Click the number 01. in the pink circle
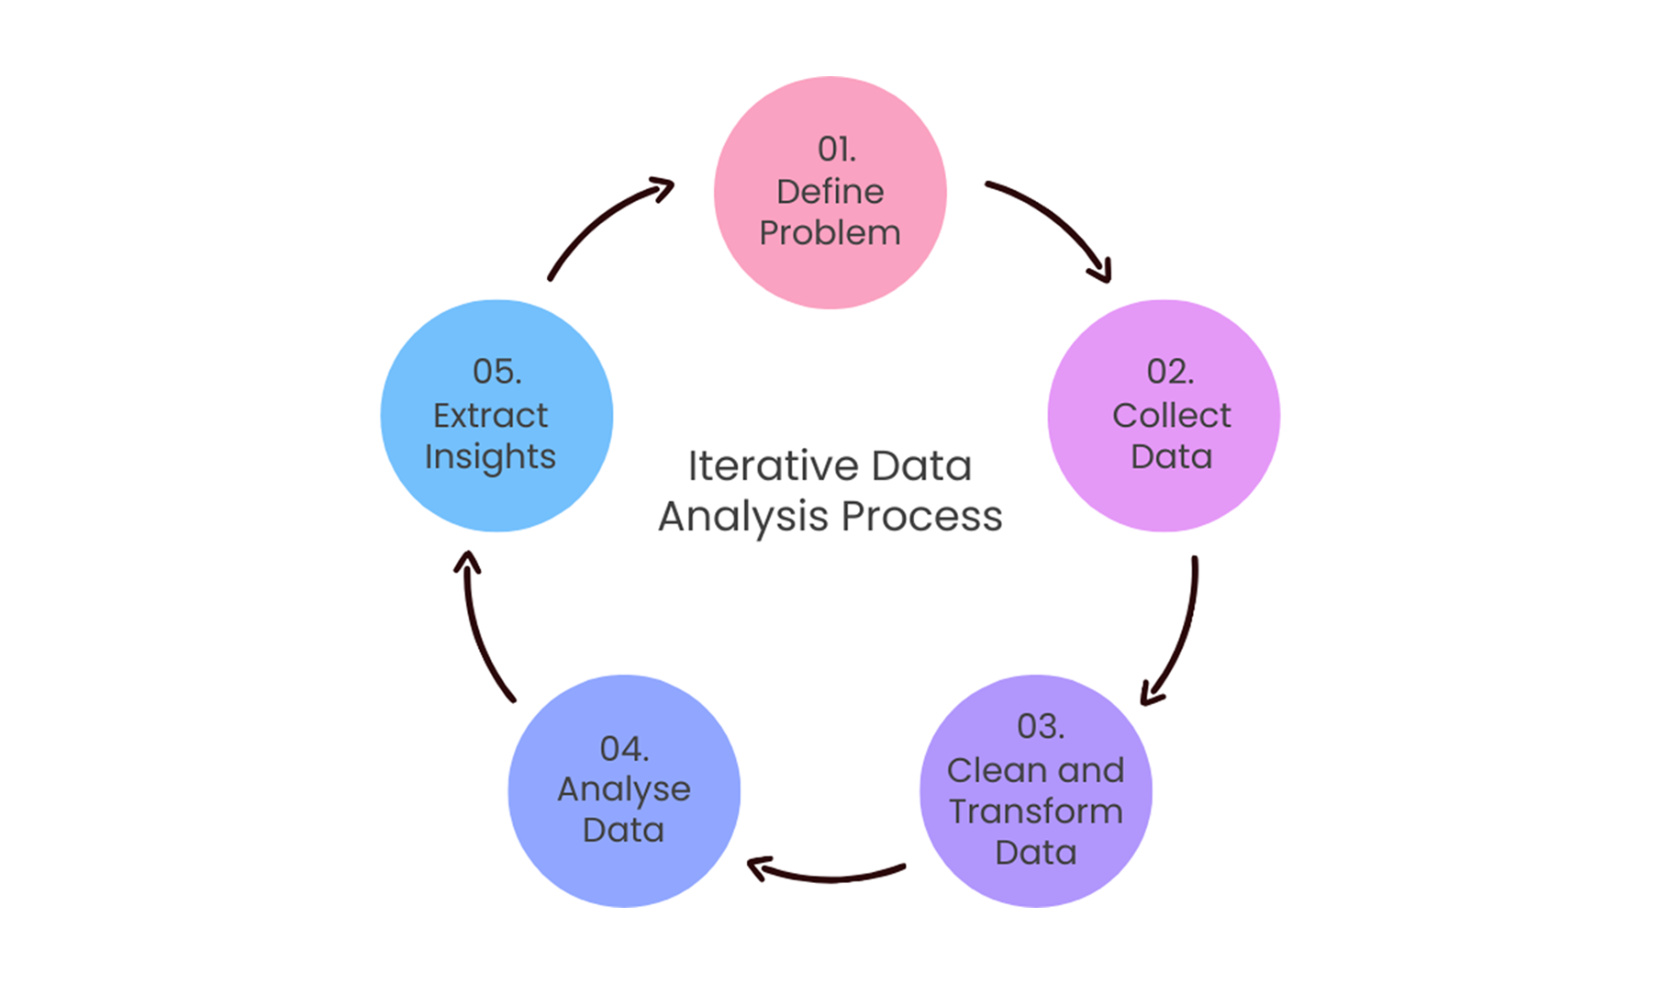836,150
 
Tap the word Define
830,192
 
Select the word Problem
830,233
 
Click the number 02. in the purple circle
1170,372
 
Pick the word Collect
1171,416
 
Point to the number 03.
1040,727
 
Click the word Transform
1035,811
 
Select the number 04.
624,749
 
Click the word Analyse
623,790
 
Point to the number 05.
496,372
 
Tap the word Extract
490,416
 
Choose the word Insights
490,457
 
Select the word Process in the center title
921,516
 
